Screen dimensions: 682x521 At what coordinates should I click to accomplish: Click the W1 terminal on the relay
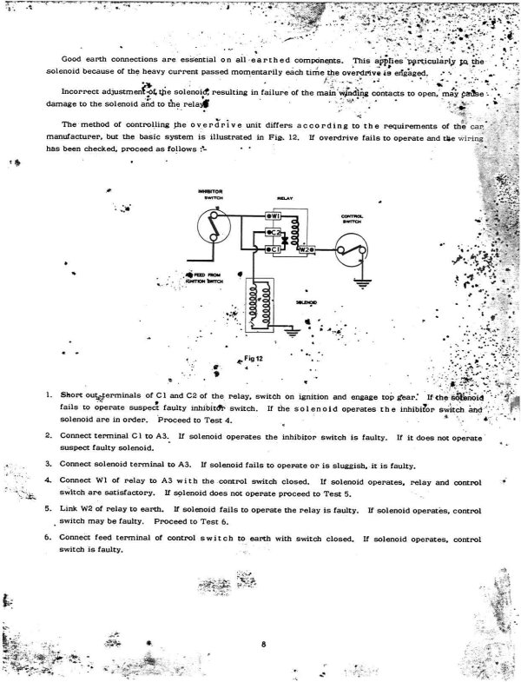tap(272, 215)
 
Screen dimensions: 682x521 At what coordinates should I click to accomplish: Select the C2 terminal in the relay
tap(272, 232)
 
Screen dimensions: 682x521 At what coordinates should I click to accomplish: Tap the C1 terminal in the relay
tap(272, 248)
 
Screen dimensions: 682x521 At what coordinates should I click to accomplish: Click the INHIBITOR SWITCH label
tap(211, 194)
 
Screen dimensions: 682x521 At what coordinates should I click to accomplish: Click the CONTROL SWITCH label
tap(352, 219)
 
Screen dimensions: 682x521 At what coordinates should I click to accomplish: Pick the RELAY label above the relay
tap(285, 198)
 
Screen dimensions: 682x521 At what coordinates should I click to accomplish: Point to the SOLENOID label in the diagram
tap(306, 302)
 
